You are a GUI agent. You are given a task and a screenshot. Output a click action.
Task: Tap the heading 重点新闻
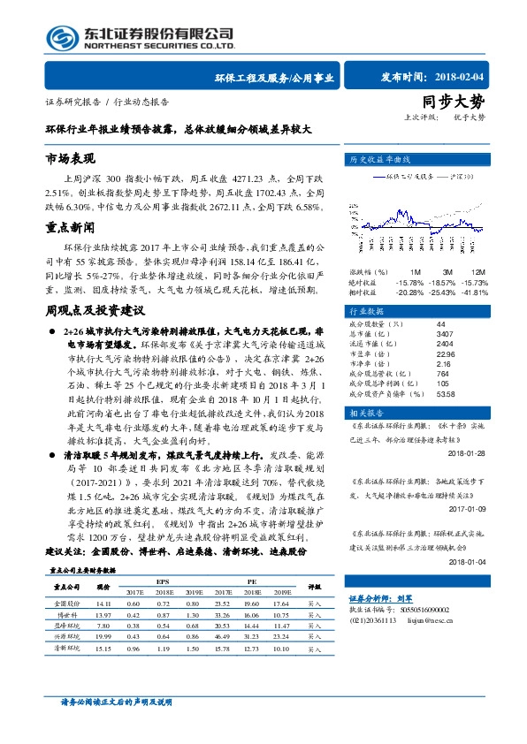70,228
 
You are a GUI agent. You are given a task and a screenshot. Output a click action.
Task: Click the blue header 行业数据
364,312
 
